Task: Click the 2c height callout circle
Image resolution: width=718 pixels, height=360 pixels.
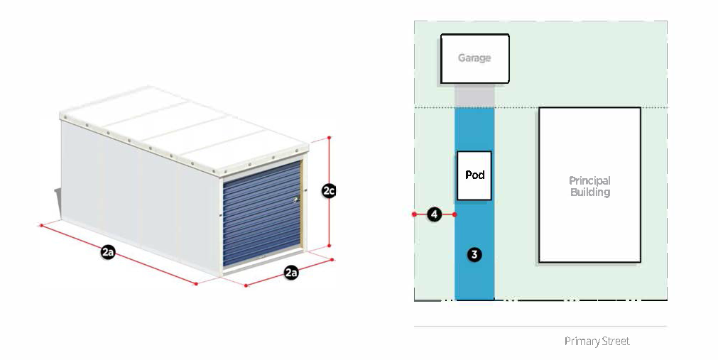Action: [329, 191]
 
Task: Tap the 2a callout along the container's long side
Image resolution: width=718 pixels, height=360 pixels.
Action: [108, 252]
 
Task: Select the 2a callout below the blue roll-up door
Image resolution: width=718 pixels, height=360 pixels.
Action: [291, 272]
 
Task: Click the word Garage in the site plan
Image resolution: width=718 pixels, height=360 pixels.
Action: [474, 58]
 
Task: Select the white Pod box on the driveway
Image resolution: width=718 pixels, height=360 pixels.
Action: [474, 175]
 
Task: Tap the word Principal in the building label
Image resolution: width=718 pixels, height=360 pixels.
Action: [589, 181]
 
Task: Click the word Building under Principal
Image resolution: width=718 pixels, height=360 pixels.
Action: [589, 192]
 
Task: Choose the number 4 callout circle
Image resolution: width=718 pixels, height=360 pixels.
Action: [435, 214]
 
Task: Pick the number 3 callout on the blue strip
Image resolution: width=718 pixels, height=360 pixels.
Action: [474, 253]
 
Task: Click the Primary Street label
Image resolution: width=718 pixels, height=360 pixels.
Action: [597, 342]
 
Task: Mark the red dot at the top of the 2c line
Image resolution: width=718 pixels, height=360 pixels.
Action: [329, 136]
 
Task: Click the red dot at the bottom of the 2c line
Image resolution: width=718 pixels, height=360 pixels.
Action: [329, 246]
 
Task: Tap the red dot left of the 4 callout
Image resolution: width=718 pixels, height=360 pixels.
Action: [414, 214]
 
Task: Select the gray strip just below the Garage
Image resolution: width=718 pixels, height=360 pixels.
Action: [474, 95]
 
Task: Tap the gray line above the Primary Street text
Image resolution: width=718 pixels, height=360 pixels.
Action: [540, 327]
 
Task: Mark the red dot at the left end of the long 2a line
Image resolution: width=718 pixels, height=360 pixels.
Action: [42, 225]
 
